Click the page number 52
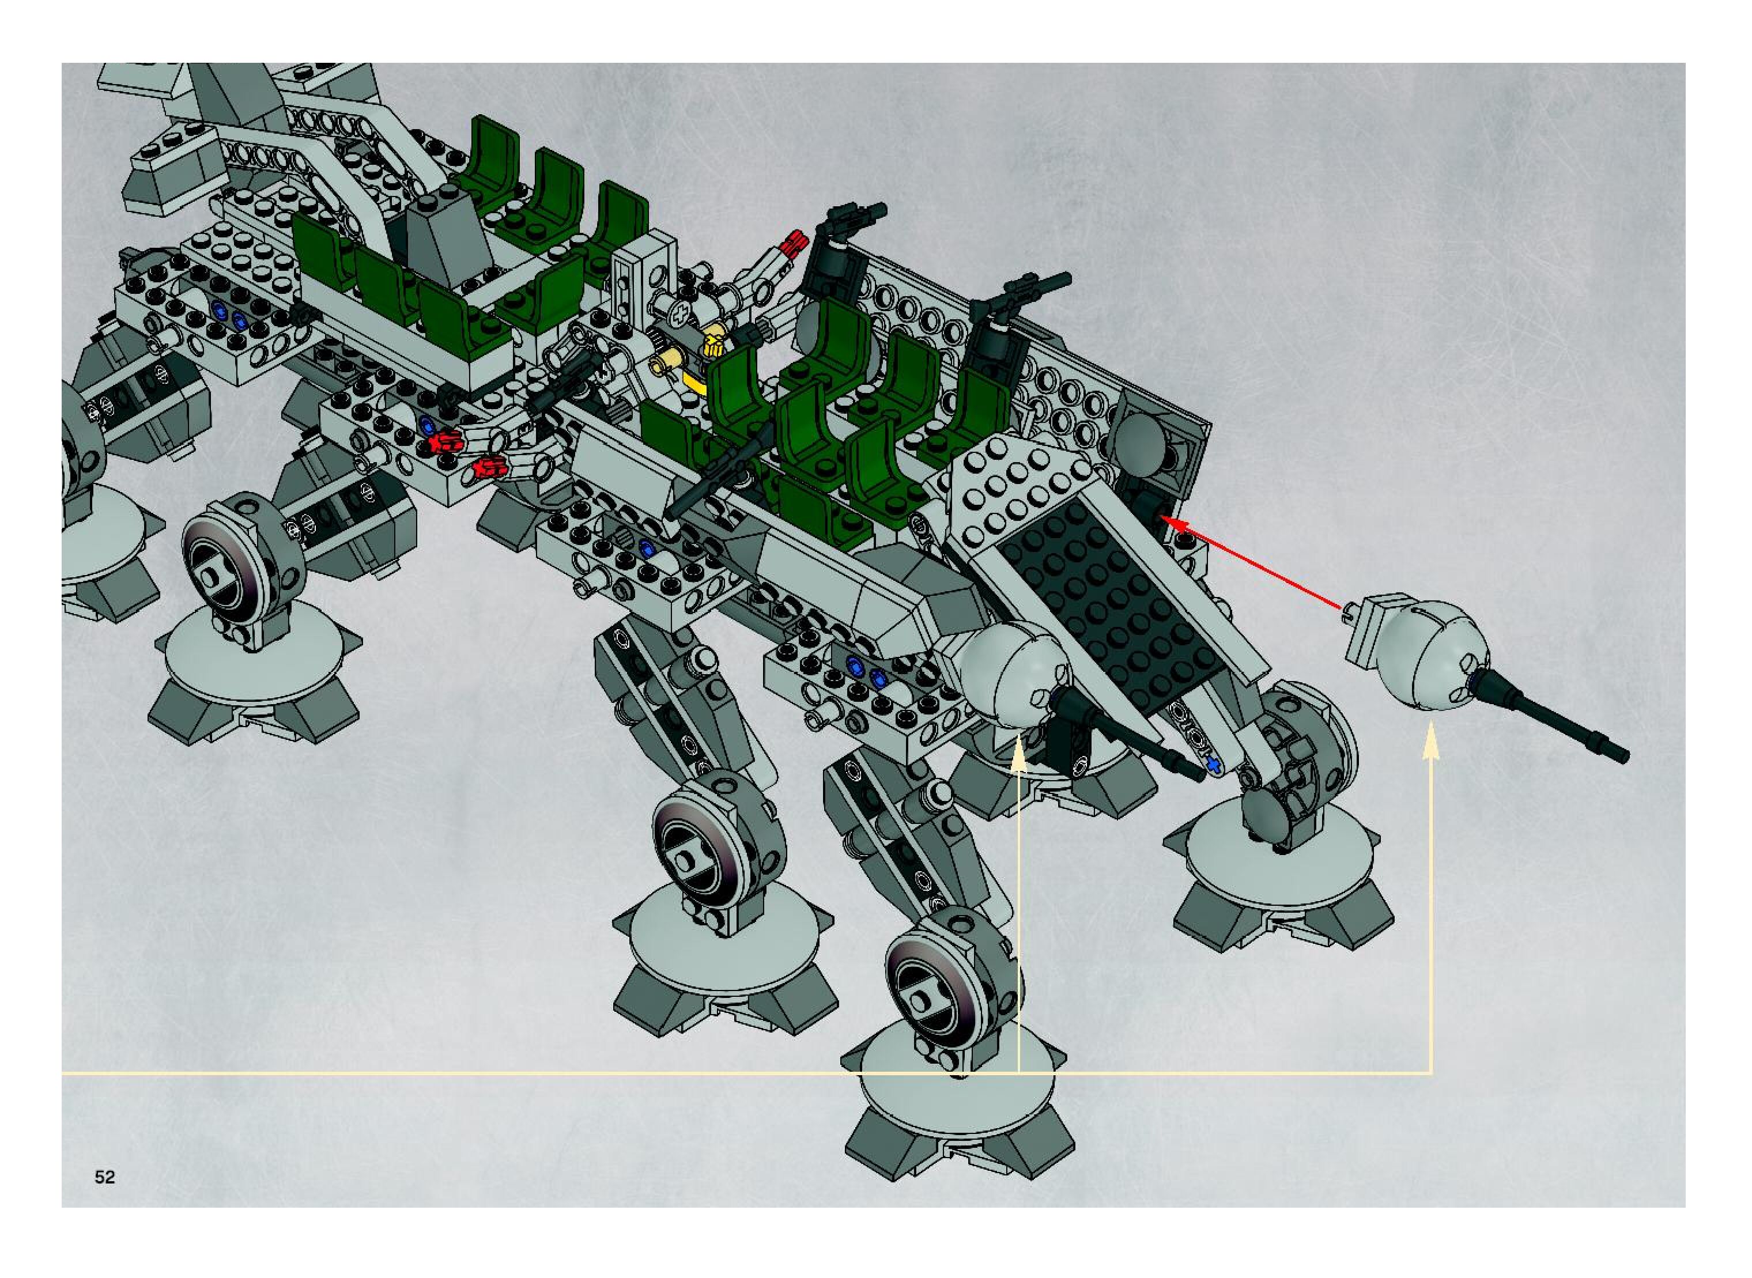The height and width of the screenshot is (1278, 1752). pos(104,1177)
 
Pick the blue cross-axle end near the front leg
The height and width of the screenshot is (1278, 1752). pos(1213,765)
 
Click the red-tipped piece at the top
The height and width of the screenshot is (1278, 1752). pos(793,244)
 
